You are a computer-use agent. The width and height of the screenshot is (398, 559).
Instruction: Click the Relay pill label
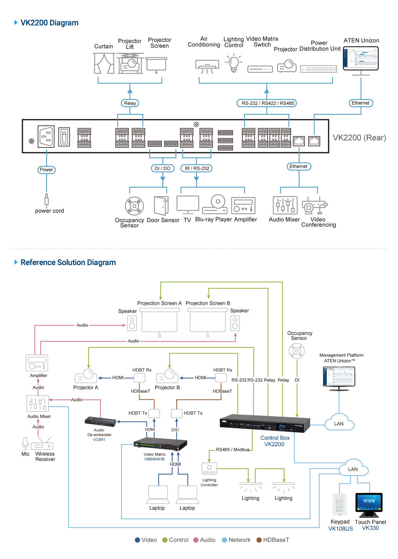coord(130,103)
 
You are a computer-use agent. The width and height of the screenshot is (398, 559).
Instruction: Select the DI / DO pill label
coord(162,168)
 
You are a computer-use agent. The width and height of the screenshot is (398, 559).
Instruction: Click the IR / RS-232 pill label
coord(197,168)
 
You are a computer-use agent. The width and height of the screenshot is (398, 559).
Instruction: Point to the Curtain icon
coord(104,63)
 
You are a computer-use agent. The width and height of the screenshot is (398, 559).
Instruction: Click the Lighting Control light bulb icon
coord(234,63)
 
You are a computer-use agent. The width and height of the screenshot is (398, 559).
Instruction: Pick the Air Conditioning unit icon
coord(207,66)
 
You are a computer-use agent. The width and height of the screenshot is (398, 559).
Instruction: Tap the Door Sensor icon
coord(161,205)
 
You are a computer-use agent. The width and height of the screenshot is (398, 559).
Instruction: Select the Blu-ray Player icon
coord(215,204)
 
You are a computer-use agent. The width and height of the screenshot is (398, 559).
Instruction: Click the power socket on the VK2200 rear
coord(46,137)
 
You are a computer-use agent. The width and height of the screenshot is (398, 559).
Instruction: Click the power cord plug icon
coord(46,200)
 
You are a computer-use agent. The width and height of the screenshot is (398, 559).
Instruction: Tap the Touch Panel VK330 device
coord(369,504)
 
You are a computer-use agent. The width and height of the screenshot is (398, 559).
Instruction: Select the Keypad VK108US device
coord(340,505)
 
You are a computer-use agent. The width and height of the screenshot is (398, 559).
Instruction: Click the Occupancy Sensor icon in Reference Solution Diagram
coord(297,351)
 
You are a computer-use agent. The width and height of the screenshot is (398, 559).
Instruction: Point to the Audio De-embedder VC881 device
coord(101,421)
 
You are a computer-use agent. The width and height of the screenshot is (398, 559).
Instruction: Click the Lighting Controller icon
coord(209,469)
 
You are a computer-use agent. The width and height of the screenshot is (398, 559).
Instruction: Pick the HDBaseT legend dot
coord(259,540)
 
